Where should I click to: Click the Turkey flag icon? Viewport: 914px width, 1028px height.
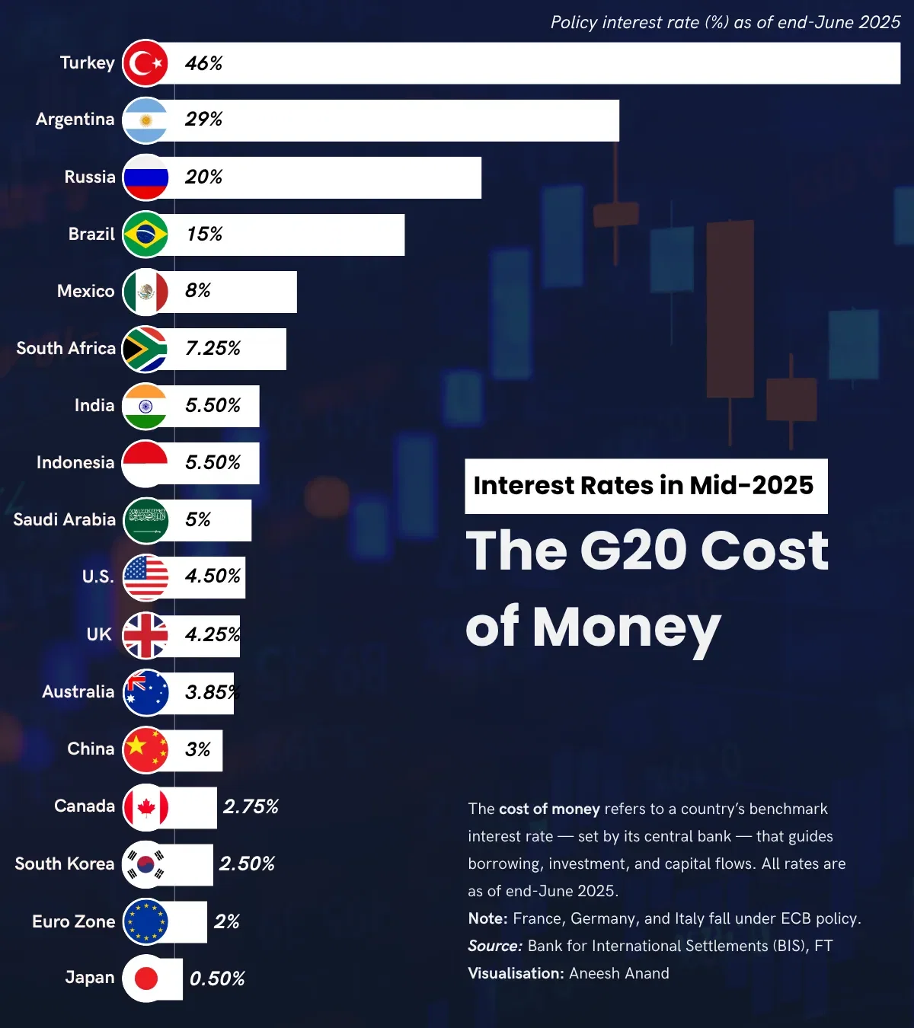(x=145, y=63)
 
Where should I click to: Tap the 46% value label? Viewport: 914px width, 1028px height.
(x=203, y=63)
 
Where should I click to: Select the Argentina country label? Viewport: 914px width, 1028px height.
(x=75, y=120)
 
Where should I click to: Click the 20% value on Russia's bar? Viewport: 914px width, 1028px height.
(x=203, y=177)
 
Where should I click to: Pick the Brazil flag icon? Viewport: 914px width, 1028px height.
(x=145, y=235)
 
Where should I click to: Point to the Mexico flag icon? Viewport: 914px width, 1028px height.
(x=145, y=292)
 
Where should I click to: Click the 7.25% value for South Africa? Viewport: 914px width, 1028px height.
(x=213, y=349)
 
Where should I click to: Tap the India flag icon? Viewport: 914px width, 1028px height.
(x=145, y=406)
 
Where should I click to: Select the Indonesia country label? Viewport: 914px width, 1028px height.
(x=75, y=463)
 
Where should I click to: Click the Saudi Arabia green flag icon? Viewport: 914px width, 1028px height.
(x=145, y=520)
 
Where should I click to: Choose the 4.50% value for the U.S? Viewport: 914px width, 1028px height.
(x=213, y=576)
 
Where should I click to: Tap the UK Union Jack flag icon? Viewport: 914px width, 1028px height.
(x=145, y=635)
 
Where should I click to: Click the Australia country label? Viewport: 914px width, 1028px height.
(x=78, y=692)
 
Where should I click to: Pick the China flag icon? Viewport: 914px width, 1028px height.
(x=145, y=749)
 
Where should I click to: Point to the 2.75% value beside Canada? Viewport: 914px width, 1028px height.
(x=251, y=807)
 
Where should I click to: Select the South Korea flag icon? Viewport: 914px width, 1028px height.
(x=145, y=864)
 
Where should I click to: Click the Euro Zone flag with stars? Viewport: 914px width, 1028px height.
(x=145, y=921)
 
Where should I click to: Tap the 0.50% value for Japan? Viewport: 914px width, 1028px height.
(x=217, y=979)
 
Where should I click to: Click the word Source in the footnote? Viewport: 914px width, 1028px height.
(x=494, y=947)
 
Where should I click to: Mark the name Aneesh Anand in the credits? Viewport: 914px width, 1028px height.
(x=618, y=974)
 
